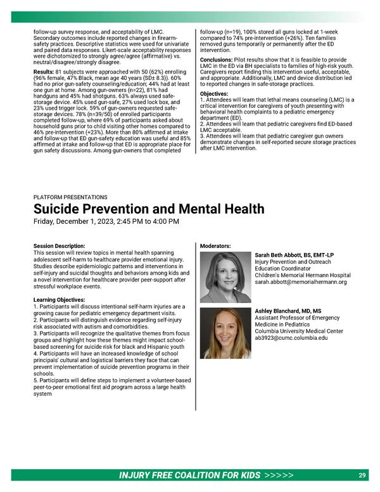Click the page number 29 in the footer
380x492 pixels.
362,476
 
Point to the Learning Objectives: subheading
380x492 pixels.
60,299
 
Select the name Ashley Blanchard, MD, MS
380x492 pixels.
288,311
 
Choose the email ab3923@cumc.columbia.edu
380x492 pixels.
291,338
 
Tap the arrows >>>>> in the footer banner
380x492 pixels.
279,476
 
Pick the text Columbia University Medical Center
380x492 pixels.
298,331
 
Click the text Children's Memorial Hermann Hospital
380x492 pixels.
302,275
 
